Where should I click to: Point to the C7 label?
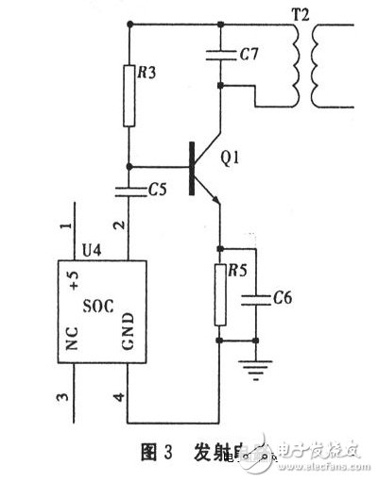click(x=249, y=55)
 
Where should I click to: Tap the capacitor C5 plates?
click(x=127, y=191)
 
